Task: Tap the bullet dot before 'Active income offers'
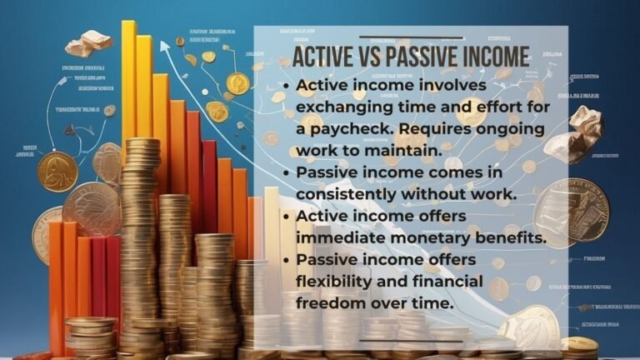tap(286, 217)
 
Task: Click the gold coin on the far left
tap(57, 171)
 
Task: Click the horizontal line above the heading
tap(411, 37)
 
